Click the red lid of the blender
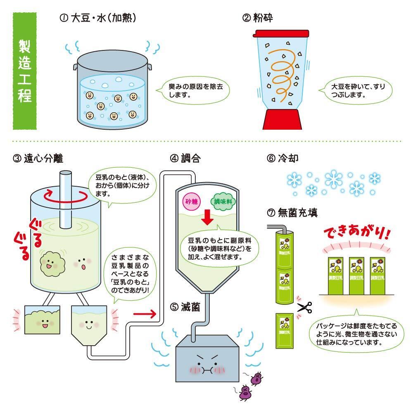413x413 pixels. coord(281,33)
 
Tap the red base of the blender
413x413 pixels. coord(282,119)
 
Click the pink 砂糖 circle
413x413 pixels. coord(192,202)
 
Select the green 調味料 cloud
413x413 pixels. coord(223,201)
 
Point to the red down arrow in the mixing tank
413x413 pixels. coord(207,217)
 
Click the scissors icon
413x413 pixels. coord(305,307)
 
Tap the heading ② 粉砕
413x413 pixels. coord(257,18)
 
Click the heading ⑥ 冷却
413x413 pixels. coord(282,158)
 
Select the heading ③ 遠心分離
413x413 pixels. coord(38,159)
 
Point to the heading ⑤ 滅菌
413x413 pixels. coord(185,307)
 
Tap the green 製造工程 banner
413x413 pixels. coord(25,71)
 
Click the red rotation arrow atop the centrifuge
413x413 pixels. coord(65,196)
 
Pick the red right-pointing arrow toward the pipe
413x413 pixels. coord(145,313)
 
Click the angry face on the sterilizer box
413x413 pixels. coord(207,364)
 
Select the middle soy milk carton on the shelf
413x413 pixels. coord(356,276)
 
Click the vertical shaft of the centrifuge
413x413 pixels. coord(66,200)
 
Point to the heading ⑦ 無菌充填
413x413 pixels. coord(292,213)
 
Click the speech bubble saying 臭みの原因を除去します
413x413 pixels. coord(195,90)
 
